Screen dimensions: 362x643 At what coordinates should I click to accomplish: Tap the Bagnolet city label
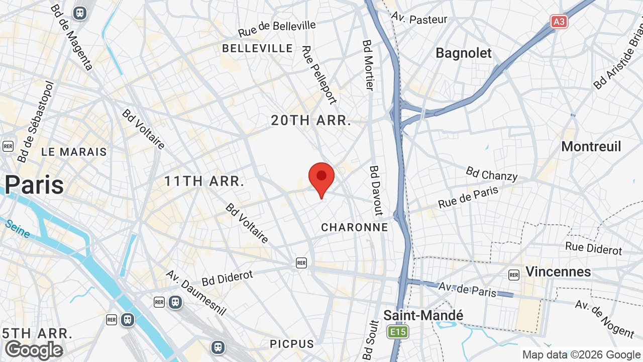[x=463, y=53]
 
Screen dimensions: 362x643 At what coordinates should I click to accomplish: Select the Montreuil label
[x=591, y=146]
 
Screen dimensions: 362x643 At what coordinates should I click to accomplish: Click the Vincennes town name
[x=558, y=271]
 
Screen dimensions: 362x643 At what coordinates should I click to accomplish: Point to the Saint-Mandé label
[x=423, y=315]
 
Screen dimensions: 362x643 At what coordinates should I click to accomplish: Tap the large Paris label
[x=34, y=185]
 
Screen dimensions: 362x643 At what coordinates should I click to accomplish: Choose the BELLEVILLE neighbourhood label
[x=258, y=48]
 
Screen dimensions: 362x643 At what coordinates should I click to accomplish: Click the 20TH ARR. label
[x=311, y=121]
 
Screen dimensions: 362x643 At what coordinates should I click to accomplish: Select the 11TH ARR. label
[x=204, y=182]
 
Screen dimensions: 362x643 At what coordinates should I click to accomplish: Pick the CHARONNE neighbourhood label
[x=355, y=227]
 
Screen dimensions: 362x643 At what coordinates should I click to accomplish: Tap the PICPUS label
[x=292, y=344]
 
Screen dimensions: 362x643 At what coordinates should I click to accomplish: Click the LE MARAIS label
[x=74, y=152]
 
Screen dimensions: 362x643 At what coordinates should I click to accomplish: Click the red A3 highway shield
[x=559, y=22]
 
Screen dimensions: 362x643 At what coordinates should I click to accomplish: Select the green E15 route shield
[x=398, y=332]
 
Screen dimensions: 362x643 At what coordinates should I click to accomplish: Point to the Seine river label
[x=18, y=228]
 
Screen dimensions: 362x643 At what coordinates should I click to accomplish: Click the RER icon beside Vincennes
[x=513, y=275]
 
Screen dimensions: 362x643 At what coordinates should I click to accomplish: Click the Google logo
[x=34, y=350]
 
